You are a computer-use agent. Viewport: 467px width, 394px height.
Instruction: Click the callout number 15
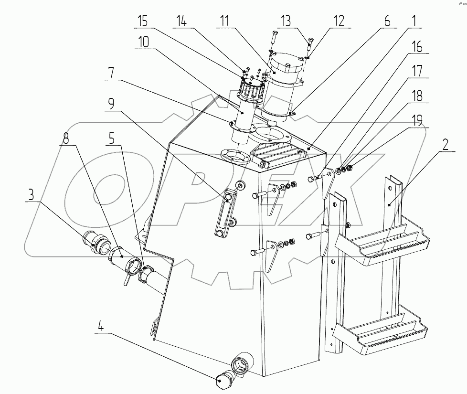pos(143,21)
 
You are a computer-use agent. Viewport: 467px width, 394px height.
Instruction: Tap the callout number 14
pos(181,21)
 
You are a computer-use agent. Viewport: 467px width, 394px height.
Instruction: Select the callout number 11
pos(224,21)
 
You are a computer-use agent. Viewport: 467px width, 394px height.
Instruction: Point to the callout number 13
pos(286,21)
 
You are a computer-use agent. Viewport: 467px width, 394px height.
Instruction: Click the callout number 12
pos(339,21)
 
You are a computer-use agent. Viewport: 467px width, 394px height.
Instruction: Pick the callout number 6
pos(387,21)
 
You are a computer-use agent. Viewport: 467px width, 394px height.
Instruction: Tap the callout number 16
pos(417,47)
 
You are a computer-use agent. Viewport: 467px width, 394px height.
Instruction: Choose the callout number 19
pos(417,121)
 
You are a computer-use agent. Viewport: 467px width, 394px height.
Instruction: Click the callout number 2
pos(445,145)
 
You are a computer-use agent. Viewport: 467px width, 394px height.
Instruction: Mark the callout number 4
pos(101,327)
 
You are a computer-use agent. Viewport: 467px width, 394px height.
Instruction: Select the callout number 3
pos(31,195)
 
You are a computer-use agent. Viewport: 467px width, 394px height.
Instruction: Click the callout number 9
pos(111,104)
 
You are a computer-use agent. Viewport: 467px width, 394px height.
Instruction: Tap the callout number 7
pos(111,73)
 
